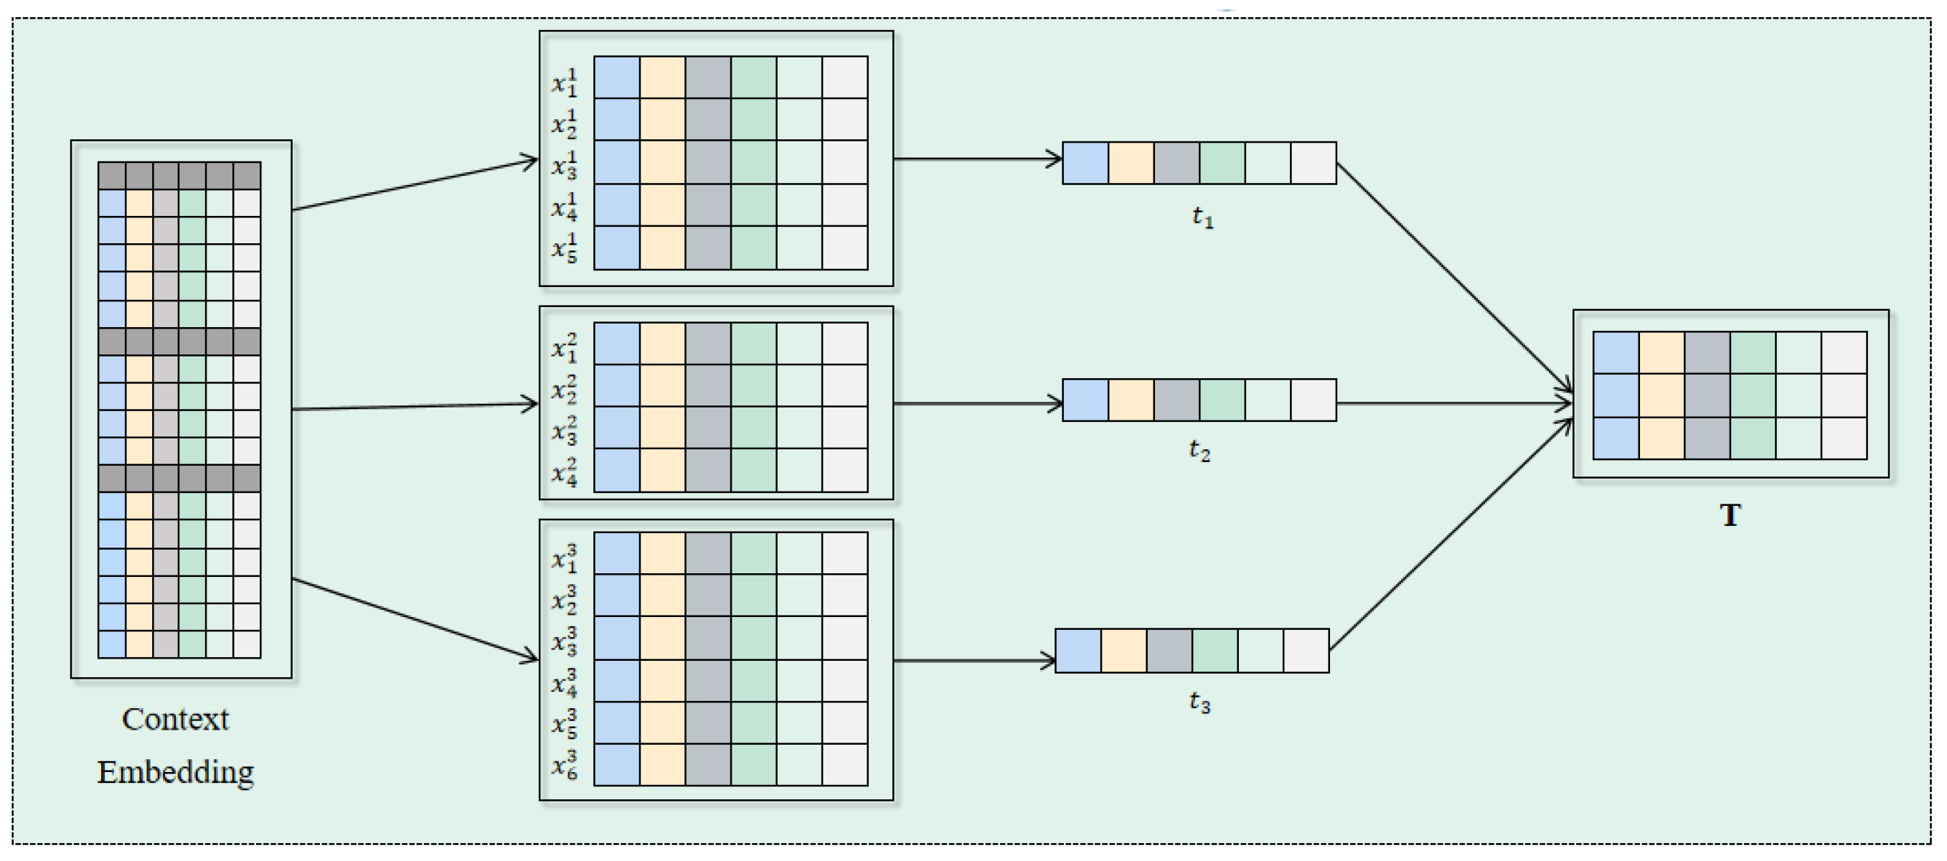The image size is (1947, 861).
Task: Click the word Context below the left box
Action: [175, 719]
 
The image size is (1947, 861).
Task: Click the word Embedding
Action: [175, 772]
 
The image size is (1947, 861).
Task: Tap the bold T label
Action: [1730, 516]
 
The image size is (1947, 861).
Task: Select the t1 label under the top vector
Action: [1202, 217]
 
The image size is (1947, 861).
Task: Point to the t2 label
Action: [1199, 451]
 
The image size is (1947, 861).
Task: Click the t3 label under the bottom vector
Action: [1199, 702]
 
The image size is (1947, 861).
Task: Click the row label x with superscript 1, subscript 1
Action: [565, 83]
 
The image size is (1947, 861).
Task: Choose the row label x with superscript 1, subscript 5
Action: [565, 248]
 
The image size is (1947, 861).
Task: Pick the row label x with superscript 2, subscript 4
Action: [565, 471]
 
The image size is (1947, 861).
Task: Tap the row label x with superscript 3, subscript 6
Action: [565, 765]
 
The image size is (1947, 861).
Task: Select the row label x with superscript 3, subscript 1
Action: [565, 559]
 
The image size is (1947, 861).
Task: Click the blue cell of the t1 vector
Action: [1085, 164]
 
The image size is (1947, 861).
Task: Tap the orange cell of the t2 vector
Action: [1131, 400]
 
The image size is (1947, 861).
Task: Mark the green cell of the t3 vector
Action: [1215, 651]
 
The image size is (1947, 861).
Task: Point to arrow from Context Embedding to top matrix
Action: [414, 184]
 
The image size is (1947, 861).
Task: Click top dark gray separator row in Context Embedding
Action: [179, 175]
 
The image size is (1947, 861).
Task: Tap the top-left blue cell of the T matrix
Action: [1616, 353]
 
